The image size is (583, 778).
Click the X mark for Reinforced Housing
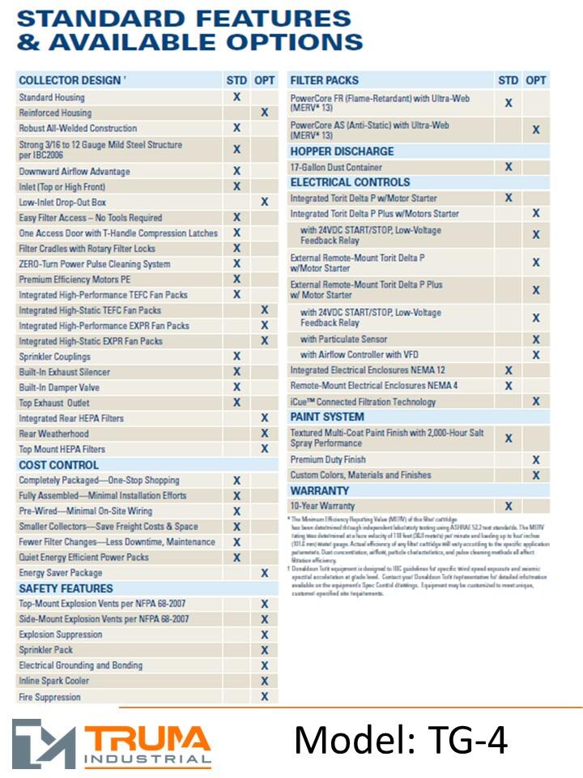click(264, 113)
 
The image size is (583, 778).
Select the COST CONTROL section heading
click(58, 465)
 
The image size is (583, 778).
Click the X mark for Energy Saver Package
click(264, 573)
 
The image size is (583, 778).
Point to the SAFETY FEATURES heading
click(66, 588)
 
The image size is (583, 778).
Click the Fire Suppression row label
click(49, 697)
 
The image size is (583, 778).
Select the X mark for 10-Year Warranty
click(509, 507)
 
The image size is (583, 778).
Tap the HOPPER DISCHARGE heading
click(342, 152)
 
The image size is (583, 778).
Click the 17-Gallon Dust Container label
click(336, 167)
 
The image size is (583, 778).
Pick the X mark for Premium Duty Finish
click(536, 460)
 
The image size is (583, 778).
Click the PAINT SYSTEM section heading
click(327, 417)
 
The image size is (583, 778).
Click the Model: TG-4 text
click(401, 740)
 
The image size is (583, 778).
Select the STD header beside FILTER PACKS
click(508, 80)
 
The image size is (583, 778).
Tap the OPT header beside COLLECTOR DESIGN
click(264, 80)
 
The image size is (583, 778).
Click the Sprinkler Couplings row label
click(54, 357)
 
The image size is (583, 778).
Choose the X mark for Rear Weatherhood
click(264, 434)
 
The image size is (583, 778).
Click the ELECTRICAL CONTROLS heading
click(350, 182)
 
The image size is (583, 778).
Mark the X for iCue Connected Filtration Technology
click(536, 401)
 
